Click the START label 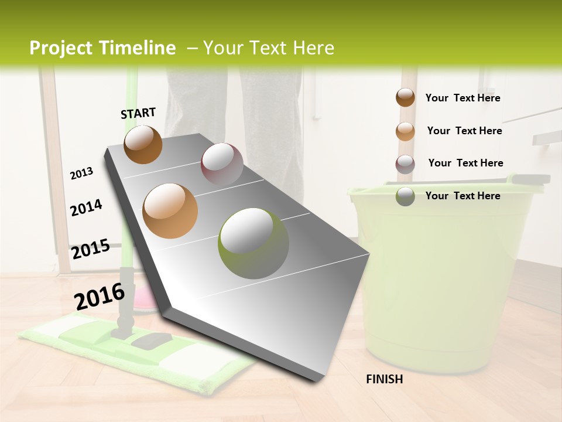(138, 113)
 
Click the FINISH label (384, 379)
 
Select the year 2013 (81, 173)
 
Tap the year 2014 (86, 208)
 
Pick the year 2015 (90, 249)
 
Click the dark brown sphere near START (143, 144)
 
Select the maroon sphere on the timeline (222, 164)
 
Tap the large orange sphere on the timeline (170, 211)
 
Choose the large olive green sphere (253, 243)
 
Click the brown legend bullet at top (405, 98)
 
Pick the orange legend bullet (405, 131)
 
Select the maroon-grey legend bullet (405, 164)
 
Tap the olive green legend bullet (405, 196)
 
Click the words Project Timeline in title (102, 48)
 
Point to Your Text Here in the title (268, 48)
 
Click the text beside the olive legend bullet (462, 196)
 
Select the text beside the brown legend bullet (462, 98)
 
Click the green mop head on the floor (135, 352)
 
